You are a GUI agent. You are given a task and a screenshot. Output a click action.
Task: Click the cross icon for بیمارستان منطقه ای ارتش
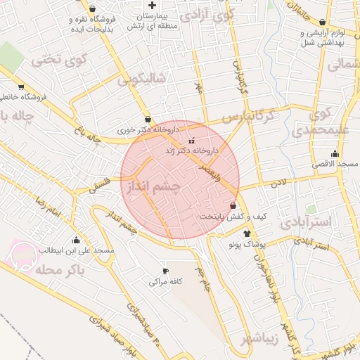(153, 5)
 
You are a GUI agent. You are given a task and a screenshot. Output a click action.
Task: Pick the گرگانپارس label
(251, 115)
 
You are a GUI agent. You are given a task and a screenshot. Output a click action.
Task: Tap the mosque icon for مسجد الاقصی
(335, 153)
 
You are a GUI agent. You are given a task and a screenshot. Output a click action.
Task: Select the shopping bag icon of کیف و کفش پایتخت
(233, 205)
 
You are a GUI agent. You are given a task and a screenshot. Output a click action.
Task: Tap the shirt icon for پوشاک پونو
(247, 233)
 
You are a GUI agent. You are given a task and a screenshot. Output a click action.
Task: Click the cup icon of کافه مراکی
(166, 271)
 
